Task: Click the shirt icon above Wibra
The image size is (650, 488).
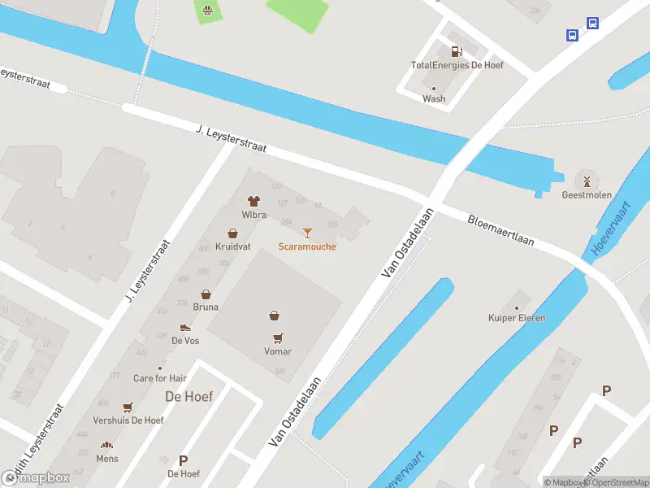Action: [253, 201]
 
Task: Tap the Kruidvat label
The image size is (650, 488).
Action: [232, 246]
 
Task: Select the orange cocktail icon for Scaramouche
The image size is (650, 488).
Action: [306, 233]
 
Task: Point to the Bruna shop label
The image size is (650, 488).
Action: [206, 308]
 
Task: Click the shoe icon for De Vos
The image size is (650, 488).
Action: [185, 327]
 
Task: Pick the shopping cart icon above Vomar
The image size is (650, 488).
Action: [278, 338]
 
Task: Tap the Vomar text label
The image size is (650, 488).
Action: [278, 351]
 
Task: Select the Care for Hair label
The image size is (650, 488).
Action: [160, 378]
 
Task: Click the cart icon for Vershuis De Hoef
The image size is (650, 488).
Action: [128, 407]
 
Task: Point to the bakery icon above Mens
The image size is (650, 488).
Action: [106, 445]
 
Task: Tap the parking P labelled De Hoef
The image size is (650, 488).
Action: [183, 460]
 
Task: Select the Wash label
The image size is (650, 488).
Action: [434, 98]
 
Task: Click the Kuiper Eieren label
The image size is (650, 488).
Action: [516, 318]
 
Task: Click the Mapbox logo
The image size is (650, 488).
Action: [36, 477]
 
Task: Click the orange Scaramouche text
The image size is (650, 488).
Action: [306, 246]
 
